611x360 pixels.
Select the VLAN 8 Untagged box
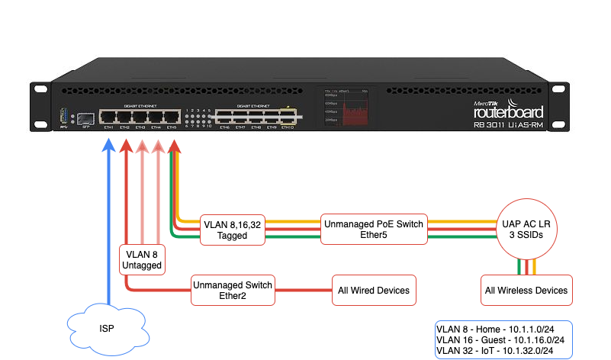pyautogui.click(x=142, y=259)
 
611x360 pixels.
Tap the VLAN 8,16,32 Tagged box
pyautogui.click(x=233, y=230)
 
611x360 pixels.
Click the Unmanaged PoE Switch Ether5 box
pyautogui.click(x=374, y=230)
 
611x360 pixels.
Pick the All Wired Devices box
pyautogui.click(x=374, y=290)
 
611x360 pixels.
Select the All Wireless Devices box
pyautogui.click(x=526, y=290)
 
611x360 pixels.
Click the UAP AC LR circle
pyautogui.click(x=526, y=230)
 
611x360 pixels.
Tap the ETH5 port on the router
pyautogui.click(x=171, y=117)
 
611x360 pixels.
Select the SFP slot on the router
pyautogui.click(x=85, y=118)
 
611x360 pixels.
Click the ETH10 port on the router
pyautogui.click(x=288, y=117)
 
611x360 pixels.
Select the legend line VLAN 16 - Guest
pyautogui.click(x=500, y=339)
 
